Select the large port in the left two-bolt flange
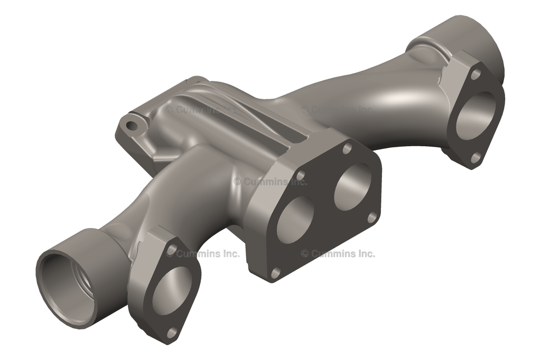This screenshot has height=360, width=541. (x=171, y=290)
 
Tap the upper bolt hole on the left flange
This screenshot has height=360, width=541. (x=172, y=248)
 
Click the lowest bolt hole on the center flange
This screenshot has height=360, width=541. (x=275, y=272)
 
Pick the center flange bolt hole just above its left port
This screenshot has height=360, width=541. (x=300, y=175)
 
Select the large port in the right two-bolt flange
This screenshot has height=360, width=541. (x=475, y=116)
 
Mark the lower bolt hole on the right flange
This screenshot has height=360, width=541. (x=475, y=157)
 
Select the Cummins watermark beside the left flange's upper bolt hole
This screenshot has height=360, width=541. (x=203, y=253)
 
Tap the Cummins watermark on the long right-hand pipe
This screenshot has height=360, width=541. (x=337, y=109)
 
